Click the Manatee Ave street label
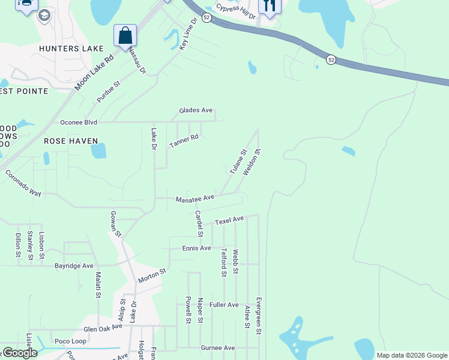pos(195,198)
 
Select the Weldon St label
pos(252,162)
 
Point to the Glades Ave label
pos(196,110)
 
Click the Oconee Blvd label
pos(79,122)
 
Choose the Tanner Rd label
pos(184,142)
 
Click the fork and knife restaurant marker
pos(270,6)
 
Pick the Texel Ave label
pos(229,220)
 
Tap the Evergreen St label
pos(259,315)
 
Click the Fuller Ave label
pos(224,305)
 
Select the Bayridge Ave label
pos(74,265)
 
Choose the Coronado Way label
pos(23,184)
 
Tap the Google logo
pos(19,353)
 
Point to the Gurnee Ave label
pos(217,348)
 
